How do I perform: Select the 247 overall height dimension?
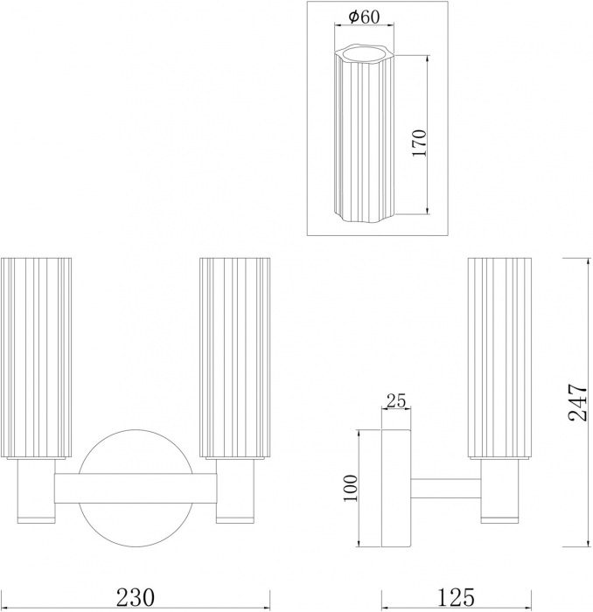click(x=578, y=402)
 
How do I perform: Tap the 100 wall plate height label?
click(x=350, y=489)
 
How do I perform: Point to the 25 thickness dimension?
click(x=395, y=401)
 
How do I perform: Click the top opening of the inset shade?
click(x=362, y=52)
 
